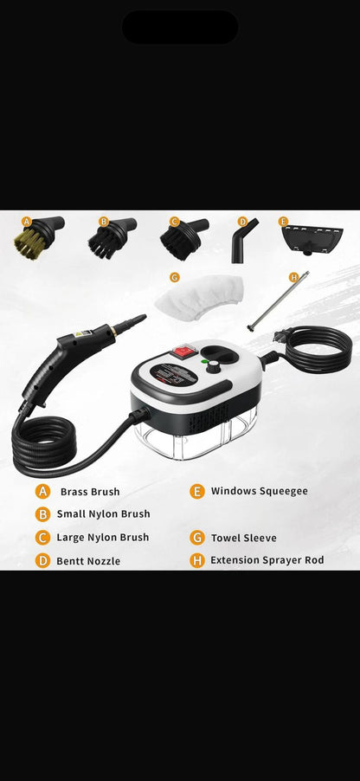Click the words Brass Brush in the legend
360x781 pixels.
pos(90,492)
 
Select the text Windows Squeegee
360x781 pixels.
pos(259,491)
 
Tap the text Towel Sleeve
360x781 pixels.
pos(243,538)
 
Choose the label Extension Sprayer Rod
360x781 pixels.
pos(267,560)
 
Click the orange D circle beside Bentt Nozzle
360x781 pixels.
pos(42,561)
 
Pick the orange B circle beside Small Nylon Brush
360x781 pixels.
pos(42,514)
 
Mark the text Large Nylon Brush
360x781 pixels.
pos(102,538)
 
